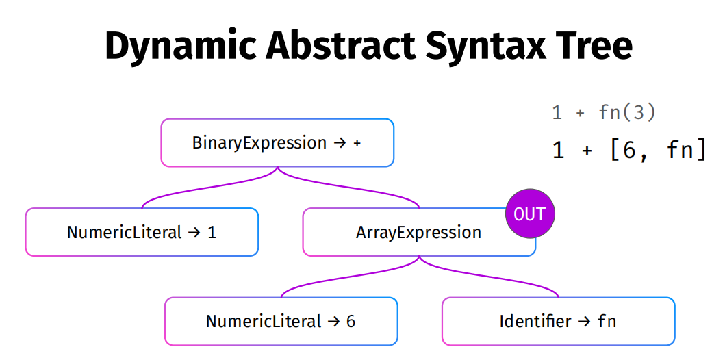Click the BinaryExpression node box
click(x=277, y=143)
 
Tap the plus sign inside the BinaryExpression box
click(x=357, y=143)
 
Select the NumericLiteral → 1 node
click(x=142, y=232)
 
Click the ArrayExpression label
click(x=418, y=232)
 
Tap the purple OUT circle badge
click(x=530, y=214)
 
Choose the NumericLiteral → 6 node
click(x=281, y=321)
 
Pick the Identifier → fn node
click(x=558, y=321)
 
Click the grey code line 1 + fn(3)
click(x=604, y=113)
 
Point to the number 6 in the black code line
click(x=629, y=151)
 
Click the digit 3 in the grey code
click(x=638, y=113)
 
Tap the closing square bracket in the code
click(x=700, y=151)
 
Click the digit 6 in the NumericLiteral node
click(x=351, y=321)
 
